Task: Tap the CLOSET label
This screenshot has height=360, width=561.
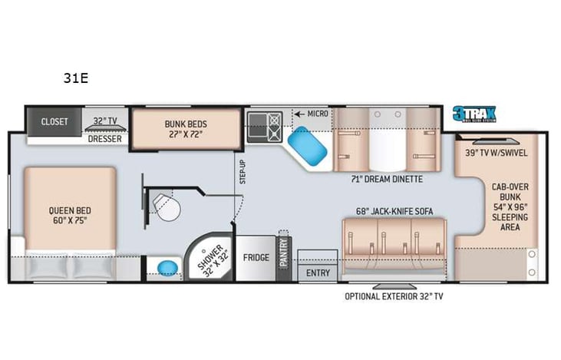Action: (54, 122)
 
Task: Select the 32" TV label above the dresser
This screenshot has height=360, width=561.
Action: (105, 121)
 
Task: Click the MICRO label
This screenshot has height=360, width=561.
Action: (316, 114)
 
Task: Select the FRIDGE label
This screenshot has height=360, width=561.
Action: (256, 257)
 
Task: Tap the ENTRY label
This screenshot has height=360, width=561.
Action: (318, 272)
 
